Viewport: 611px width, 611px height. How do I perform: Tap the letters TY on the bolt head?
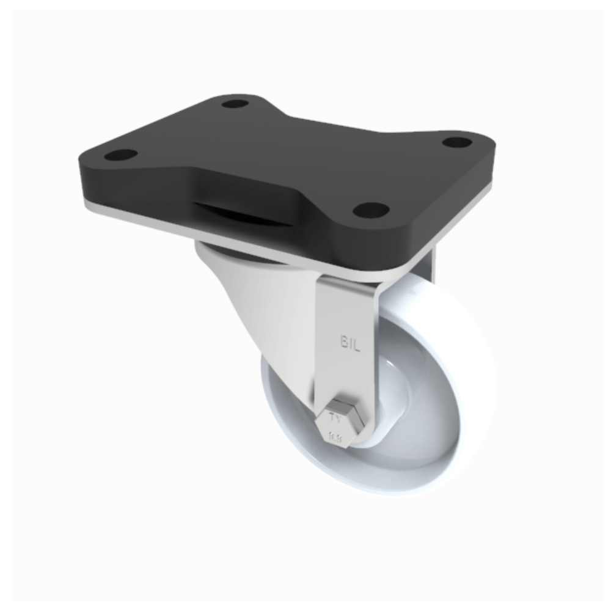334,419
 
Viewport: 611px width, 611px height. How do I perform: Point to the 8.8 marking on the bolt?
335,437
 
